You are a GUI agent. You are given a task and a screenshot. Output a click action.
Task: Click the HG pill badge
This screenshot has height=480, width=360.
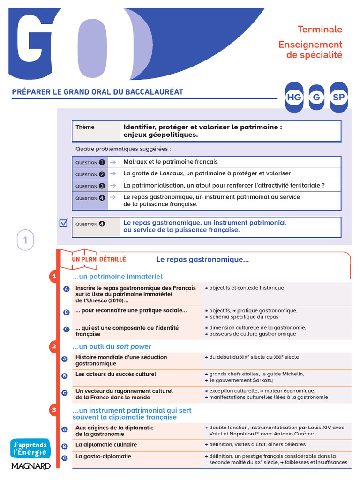[x=294, y=97]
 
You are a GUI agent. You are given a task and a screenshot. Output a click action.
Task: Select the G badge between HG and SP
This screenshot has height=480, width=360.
[x=316, y=97]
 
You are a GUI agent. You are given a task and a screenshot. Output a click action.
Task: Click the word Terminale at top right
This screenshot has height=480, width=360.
[x=320, y=29]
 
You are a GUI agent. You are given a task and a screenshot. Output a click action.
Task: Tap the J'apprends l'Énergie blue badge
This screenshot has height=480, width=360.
[x=30, y=448]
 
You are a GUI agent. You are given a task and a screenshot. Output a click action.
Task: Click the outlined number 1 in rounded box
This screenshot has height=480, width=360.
[x=25, y=241]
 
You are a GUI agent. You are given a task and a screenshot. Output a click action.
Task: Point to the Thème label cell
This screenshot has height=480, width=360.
[x=85, y=127]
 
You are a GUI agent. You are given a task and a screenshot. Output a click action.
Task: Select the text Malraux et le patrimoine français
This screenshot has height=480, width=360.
[x=170, y=162]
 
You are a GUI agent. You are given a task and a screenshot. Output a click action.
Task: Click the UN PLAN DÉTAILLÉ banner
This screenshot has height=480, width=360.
[x=98, y=259]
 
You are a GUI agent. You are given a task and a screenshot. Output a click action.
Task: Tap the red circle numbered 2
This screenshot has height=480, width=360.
[x=54, y=346]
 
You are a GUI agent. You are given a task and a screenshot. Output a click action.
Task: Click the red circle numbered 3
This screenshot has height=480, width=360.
[x=54, y=410]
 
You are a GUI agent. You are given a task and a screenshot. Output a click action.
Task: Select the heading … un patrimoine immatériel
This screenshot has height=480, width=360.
[x=117, y=277]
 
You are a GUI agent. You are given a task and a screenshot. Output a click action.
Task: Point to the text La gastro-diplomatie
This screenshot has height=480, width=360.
[x=103, y=456]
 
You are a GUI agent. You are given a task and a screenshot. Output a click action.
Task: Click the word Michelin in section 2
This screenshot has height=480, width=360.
[x=292, y=374]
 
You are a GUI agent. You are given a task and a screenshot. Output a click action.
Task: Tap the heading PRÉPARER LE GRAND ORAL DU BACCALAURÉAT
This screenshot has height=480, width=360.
[x=97, y=92]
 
